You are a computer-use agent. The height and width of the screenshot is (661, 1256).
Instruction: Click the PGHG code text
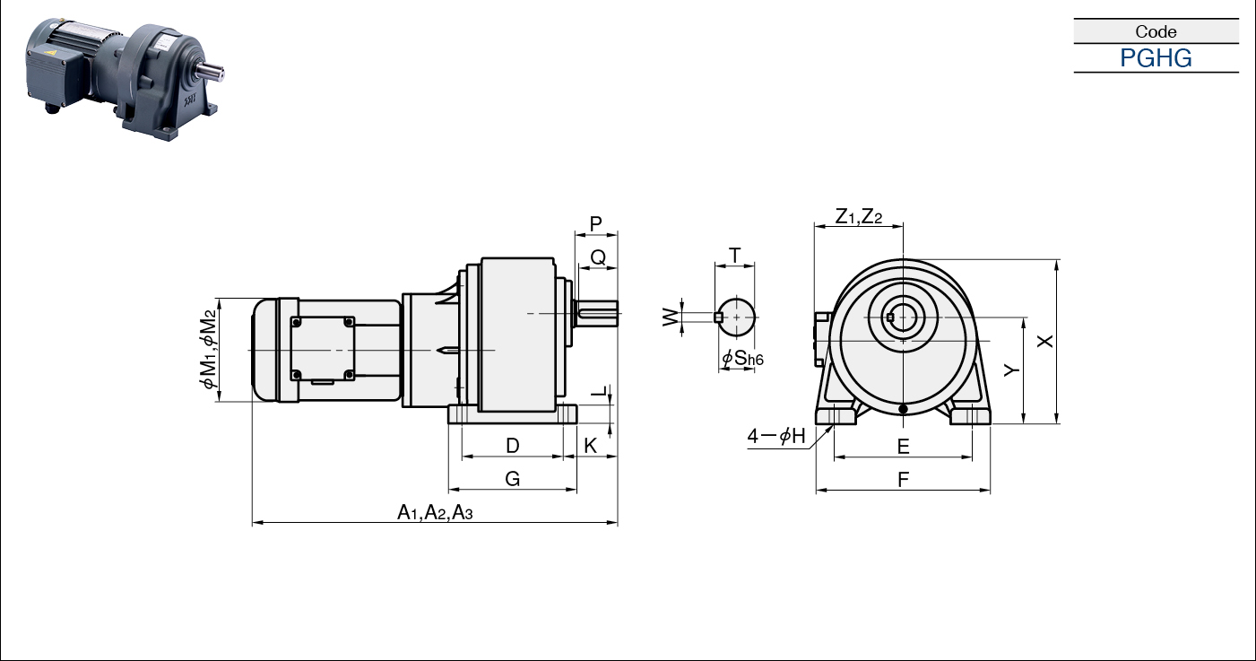(x=1156, y=58)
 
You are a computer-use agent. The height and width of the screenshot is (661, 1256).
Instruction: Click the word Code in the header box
(x=1156, y=31)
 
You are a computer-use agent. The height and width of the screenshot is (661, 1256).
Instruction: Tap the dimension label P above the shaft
(x=595, y=224)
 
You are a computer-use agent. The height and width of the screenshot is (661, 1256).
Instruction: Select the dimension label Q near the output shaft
(x=598, y=257)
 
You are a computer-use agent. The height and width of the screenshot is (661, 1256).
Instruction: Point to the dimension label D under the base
(x=513, y=446)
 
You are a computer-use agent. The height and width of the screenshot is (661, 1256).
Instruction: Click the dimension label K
(x=591, y=446)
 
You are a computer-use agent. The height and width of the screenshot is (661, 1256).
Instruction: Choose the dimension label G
(x=513, y=479)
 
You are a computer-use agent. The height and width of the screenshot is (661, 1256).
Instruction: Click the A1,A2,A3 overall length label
(x=435, y=512)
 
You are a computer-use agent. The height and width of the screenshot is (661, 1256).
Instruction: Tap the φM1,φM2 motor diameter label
(x=208, y=349)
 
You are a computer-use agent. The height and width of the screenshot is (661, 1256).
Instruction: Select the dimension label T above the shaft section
(x=734, y=256)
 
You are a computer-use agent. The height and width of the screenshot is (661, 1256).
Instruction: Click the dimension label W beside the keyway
(x=671, y=317)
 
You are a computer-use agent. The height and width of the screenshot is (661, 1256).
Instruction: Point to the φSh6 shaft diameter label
(x=742, y=358)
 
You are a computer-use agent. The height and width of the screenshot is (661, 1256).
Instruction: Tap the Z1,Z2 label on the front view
(x=859, y=216)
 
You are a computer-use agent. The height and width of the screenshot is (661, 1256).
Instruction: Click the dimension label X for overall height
(x=1044, y=341)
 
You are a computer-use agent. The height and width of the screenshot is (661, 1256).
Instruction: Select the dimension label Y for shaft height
(x=1011, y=370)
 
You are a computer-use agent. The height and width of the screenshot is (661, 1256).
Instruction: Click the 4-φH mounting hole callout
(x=776, y=435)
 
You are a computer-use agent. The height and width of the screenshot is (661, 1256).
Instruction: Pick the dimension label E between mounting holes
(x=903, y=447)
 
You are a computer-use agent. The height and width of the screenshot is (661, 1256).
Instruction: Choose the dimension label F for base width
(x=903, y=480)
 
